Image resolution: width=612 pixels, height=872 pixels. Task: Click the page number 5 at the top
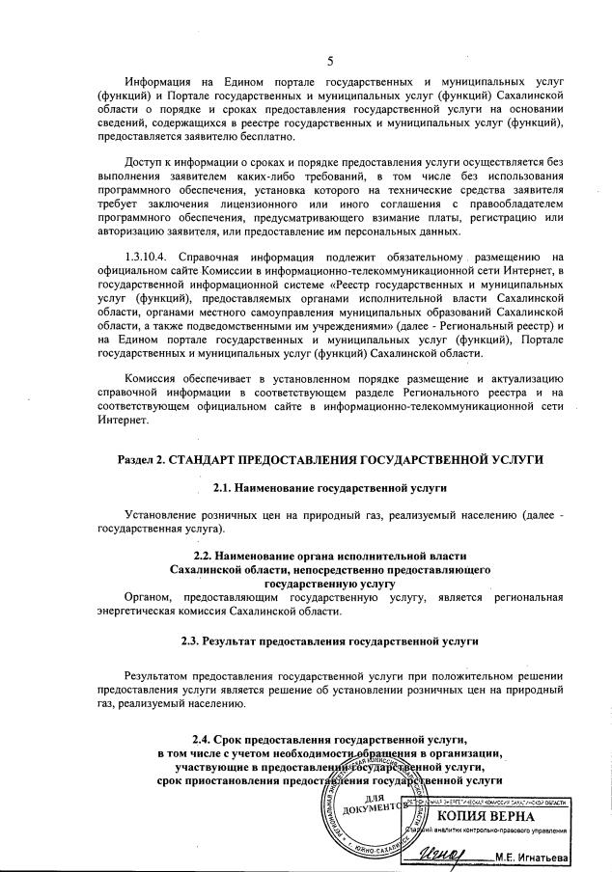[330, 61]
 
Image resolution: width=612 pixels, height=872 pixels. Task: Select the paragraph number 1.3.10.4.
[153, 255]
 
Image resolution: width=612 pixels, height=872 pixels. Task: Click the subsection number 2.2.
[205, 557]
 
